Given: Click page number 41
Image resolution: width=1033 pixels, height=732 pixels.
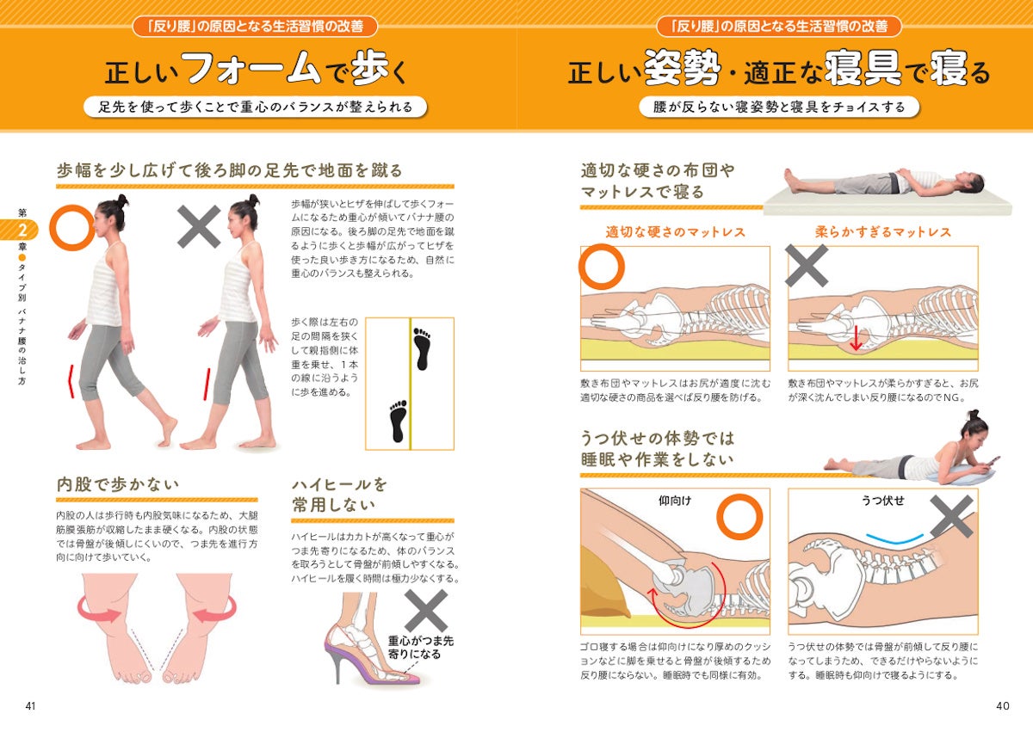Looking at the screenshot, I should tap(31, 706).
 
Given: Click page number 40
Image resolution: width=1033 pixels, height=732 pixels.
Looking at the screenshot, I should tap(1002, 706).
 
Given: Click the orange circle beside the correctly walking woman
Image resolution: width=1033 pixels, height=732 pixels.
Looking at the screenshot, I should tap(71, 227).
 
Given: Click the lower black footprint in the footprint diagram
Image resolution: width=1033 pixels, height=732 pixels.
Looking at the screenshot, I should tap(397, 420).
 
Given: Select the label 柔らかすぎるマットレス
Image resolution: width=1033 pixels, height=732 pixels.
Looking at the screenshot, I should tap(882, 232).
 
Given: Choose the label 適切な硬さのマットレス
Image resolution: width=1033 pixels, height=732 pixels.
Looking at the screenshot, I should tap(675, 232).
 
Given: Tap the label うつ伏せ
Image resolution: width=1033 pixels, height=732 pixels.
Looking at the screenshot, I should tap(882, 500).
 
